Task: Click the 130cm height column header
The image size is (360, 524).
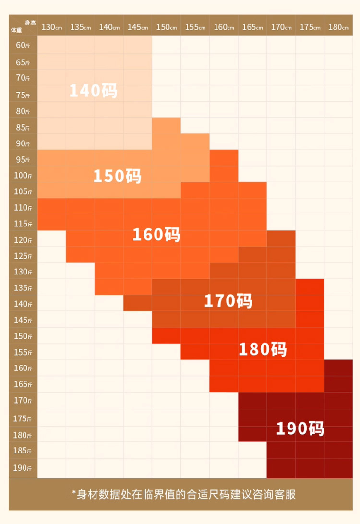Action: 52,27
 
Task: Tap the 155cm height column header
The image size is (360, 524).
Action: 195,27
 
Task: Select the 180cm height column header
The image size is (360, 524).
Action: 338,27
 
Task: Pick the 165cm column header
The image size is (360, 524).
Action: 252,27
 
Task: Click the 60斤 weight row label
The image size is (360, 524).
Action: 23,46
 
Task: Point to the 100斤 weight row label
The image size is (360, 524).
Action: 23,175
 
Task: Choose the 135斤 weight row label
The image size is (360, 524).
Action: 23,288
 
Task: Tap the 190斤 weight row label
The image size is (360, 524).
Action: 23,468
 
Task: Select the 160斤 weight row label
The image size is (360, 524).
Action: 23,368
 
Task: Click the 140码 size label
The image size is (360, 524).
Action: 93,91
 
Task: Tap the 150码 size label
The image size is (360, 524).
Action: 117,176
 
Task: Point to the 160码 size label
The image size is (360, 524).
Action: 156,235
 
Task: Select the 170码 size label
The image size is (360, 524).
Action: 228,301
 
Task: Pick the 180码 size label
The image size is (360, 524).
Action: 263,349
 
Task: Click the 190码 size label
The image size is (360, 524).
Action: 300,428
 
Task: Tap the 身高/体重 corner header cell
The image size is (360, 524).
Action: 23,26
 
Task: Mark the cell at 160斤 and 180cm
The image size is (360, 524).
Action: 338,368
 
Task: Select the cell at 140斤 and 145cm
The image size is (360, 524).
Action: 138,303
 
